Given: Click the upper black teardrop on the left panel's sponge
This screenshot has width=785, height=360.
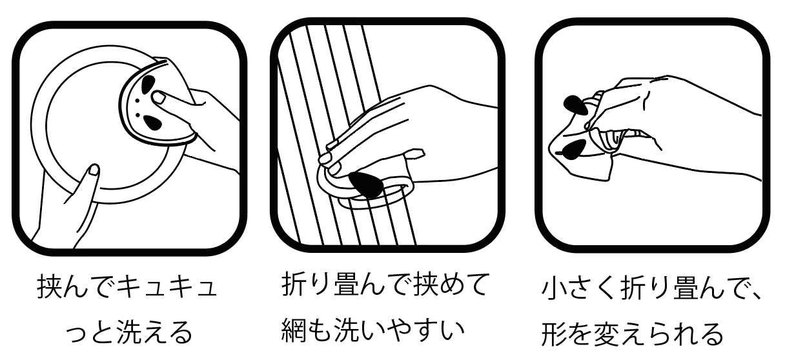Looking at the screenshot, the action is click(x=148, y=84).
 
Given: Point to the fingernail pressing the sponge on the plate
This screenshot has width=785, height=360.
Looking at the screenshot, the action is click(x=159, y=97).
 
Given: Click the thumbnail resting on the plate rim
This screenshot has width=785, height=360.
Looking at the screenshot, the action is click(x=94, y=170).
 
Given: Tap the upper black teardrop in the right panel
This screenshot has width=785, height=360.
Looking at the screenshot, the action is click(x=575, y=105).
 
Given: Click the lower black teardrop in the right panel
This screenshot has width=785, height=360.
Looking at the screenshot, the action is click(x=574, y=148).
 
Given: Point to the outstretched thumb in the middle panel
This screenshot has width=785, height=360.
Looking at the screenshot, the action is click(x=414, y=157).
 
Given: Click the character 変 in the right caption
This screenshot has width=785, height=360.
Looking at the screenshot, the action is click(x=606, y=334).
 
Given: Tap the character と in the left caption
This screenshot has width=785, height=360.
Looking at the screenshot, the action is click(x=101, y=331).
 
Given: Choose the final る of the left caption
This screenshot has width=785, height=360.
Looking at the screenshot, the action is click(x=181, y=331).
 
